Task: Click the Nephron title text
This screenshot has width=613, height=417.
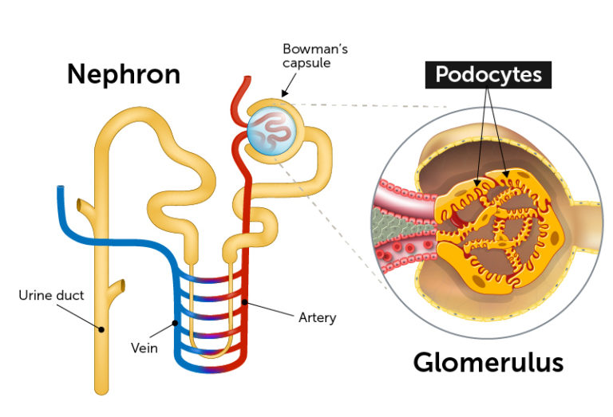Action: click(x=123, y=74)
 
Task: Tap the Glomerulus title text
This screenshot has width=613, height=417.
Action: click(x=488, y=363)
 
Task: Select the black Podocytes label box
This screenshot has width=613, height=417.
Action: click(x=488, y=75)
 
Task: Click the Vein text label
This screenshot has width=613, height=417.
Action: click(x=144, y=348)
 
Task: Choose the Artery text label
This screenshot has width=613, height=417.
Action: click(x=316, y=317)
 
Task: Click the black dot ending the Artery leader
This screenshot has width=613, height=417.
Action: click(x=247, y=302)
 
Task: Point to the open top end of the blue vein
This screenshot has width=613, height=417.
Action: click(x=61, y=190)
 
